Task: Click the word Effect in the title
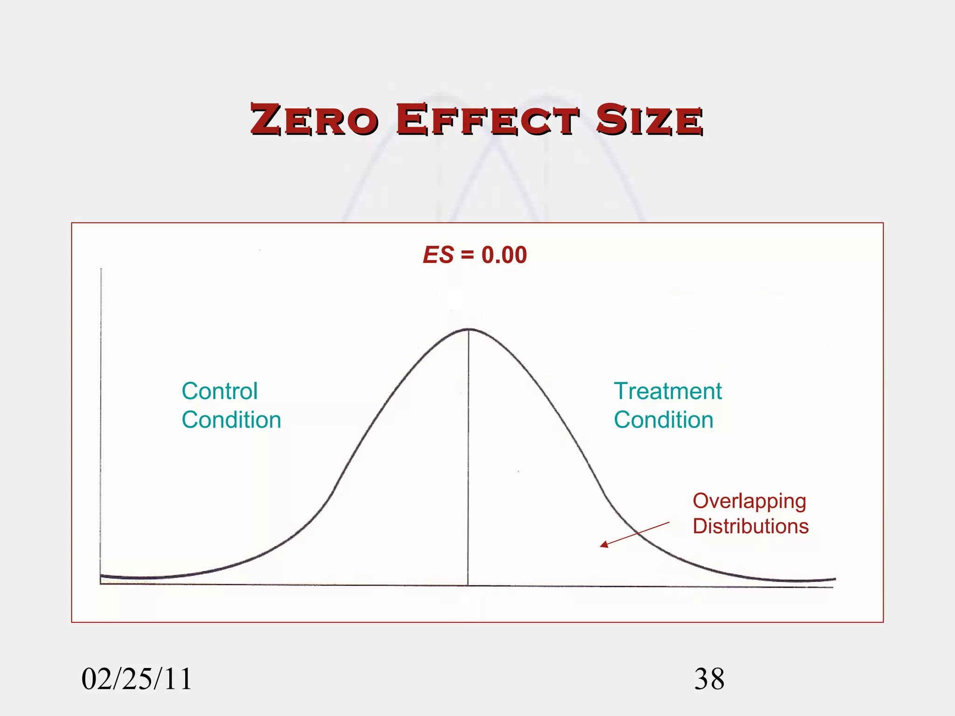click(488, 120)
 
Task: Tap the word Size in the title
click(649, 120)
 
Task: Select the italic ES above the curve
click(438, 255)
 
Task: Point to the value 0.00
click(504, 255)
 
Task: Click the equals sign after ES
click(467, 255)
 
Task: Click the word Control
click(219, 391)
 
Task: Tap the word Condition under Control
click(231, 420)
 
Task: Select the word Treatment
click(668, 391)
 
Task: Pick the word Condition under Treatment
click(664, 420)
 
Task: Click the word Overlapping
click(749, 502)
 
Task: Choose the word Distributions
click(750, 526)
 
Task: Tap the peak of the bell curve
click(469, 330)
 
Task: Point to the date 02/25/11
click(137, 679)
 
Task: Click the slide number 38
click(709, 679)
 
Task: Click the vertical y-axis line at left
click(101, 420)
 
